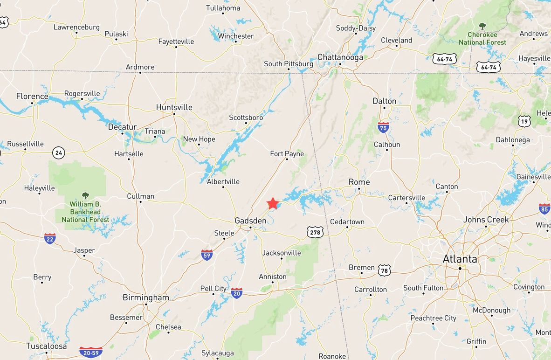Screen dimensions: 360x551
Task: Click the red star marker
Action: [x=273, y=203]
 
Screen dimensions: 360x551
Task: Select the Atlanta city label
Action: [x=460, y=259]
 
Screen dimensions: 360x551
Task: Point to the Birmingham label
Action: [x=145, y=298]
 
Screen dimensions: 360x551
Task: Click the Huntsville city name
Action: [x=174, y=107]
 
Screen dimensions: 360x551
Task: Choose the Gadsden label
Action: [x=250, y=220]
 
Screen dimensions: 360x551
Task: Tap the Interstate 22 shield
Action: [x=50, y=239]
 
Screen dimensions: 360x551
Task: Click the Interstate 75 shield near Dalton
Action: [x=383, y=127]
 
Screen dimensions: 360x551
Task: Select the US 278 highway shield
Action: [x=315, y=232]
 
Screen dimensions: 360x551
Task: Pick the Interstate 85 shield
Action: [x=544, y=208]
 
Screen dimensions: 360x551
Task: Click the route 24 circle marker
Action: [x=58, y=152]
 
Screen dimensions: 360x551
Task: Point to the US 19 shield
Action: [x=524, y=122]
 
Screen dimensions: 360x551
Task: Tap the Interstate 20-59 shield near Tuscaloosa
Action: [x=91, y=352]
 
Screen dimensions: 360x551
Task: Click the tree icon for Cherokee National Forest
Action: [x=482, y=26]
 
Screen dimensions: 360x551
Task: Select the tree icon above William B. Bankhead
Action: [x=85, y=195]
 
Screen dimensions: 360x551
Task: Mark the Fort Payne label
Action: [x=287, y=154]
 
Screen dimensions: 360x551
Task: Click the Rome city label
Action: [x=359, y=182]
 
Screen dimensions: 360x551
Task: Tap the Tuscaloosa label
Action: [x=46, y=346]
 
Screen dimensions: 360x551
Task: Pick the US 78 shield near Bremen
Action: [x=384, y=270]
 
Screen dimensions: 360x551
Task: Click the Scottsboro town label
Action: [x=246, y=118]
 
